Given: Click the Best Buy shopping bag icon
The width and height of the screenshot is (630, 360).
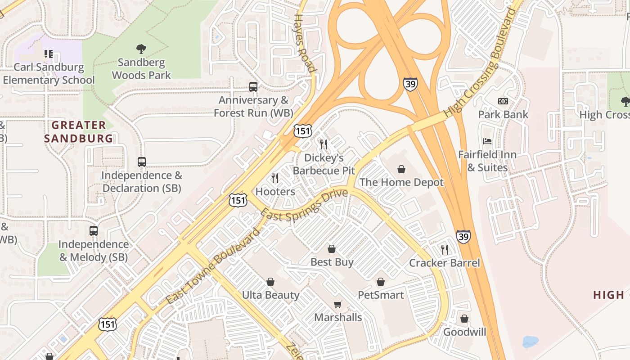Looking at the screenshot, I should point(332,249).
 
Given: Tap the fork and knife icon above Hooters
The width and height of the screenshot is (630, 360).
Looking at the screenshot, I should point(275,178).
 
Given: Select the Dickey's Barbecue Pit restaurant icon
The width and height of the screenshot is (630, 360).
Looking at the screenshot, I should point(324,144).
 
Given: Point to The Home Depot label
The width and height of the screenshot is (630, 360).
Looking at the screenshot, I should point(401,182).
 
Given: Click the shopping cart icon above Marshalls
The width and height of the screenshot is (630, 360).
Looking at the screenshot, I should point(338,304).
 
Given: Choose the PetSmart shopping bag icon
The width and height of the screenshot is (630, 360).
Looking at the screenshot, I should point(381,282).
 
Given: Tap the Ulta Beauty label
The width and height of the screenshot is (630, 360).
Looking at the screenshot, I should point(270,295).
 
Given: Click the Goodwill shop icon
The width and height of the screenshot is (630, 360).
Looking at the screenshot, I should point(464,319).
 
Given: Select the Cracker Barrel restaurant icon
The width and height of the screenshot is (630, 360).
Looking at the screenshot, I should point(445,250).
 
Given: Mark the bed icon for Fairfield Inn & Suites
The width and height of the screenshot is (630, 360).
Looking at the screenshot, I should point(487,141).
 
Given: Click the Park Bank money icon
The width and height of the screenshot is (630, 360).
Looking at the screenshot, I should point(503,101).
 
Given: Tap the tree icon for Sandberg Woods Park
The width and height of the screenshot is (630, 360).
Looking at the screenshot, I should point(141,49).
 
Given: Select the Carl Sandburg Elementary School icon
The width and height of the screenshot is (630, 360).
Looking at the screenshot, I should point(49,54).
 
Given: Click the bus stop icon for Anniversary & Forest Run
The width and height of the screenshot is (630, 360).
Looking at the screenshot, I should point(253,86).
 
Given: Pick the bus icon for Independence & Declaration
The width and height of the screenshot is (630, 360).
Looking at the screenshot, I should point(142,162).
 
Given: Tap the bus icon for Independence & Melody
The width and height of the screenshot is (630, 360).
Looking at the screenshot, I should point(94,231).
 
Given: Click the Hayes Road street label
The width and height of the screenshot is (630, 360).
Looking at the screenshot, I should point(304,43).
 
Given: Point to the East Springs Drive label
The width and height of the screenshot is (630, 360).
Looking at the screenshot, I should point(304,205).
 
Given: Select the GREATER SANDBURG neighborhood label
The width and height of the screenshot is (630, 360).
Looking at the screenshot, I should point(79,131).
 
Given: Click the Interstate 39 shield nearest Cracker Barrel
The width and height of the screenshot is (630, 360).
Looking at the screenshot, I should point(463,236).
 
